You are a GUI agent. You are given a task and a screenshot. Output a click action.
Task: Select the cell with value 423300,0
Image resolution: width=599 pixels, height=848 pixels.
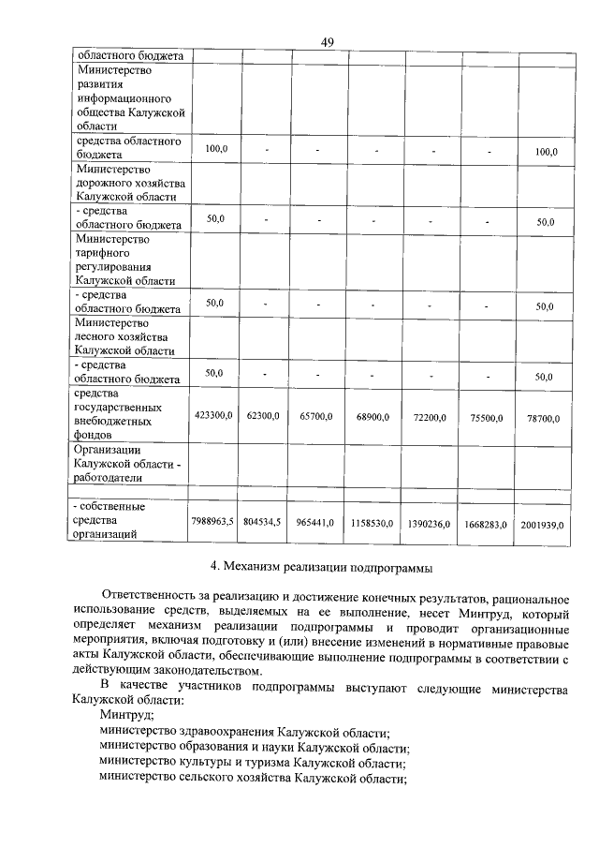pos(213,414)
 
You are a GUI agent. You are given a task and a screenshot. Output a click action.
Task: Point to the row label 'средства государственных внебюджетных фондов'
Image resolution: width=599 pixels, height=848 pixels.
pos(117,414)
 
